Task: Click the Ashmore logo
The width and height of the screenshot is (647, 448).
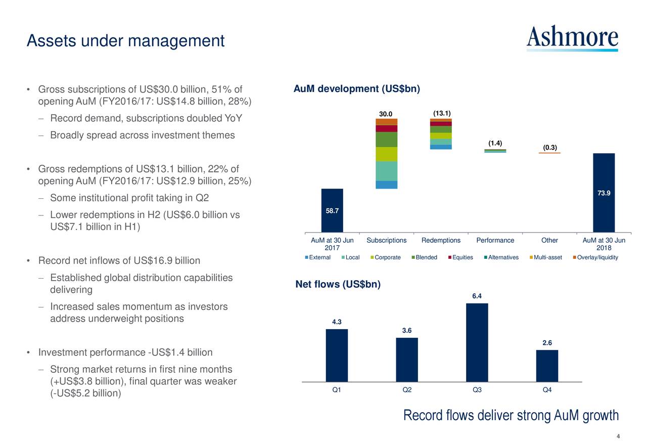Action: [x=572, y=38]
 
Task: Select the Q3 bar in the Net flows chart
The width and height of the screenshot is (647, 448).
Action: [x=477, y=342]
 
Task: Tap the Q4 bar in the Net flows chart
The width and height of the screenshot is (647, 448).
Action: [x=547, y=366]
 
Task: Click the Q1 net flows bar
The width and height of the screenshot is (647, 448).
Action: [x=337, y=355]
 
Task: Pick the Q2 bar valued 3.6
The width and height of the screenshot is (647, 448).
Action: [x=407, y=360]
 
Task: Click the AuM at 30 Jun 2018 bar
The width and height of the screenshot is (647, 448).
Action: [x=604, y=193]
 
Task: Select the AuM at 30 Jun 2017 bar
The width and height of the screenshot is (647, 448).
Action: [x=332, y=210]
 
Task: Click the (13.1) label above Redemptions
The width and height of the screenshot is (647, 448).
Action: [x=442, y=113]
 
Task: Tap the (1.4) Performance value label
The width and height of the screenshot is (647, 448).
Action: [x=495, y=143]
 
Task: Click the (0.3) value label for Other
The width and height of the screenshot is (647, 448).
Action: [x=550, y=148]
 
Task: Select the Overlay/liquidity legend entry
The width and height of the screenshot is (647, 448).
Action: [x=597, y=258]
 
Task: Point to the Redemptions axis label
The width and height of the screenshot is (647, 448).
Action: [x=441, y=241]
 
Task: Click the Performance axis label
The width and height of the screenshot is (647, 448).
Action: [x=495, y=241]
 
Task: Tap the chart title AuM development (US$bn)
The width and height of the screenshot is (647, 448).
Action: [x=357, y=89]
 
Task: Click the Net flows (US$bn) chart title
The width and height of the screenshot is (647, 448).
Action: [x=338, y=284]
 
